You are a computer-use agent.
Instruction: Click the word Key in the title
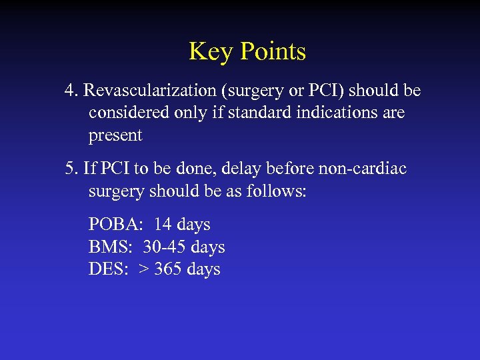pos(207,51)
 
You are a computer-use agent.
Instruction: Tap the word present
pos(115,135)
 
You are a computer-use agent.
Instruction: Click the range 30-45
pos(163,247)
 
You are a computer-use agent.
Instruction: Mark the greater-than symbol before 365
pos(143,270)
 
